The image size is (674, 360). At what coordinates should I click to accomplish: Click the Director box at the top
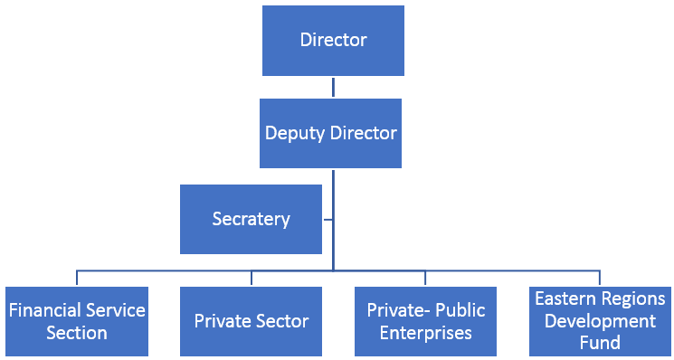(333, 41)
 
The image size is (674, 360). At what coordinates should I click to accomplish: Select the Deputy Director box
(331, 133)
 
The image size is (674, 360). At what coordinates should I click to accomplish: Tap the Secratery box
(251, 219)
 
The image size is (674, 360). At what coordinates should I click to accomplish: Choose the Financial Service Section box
(77, 321)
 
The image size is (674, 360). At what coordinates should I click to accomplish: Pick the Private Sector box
(251, 321)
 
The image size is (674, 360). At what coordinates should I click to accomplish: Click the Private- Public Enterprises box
(426, 321)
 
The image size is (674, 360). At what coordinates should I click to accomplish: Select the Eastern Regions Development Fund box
(601, 321)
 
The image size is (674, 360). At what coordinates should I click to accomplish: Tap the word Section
(77, 333)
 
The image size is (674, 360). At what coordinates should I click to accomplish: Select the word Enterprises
(426, 333)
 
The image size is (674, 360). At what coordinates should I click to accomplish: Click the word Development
(601, 321)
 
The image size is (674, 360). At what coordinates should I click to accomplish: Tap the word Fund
(601, 343)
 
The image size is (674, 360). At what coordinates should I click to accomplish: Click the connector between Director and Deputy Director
(333, 87)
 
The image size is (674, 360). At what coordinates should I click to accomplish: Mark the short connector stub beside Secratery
(328, 219)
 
